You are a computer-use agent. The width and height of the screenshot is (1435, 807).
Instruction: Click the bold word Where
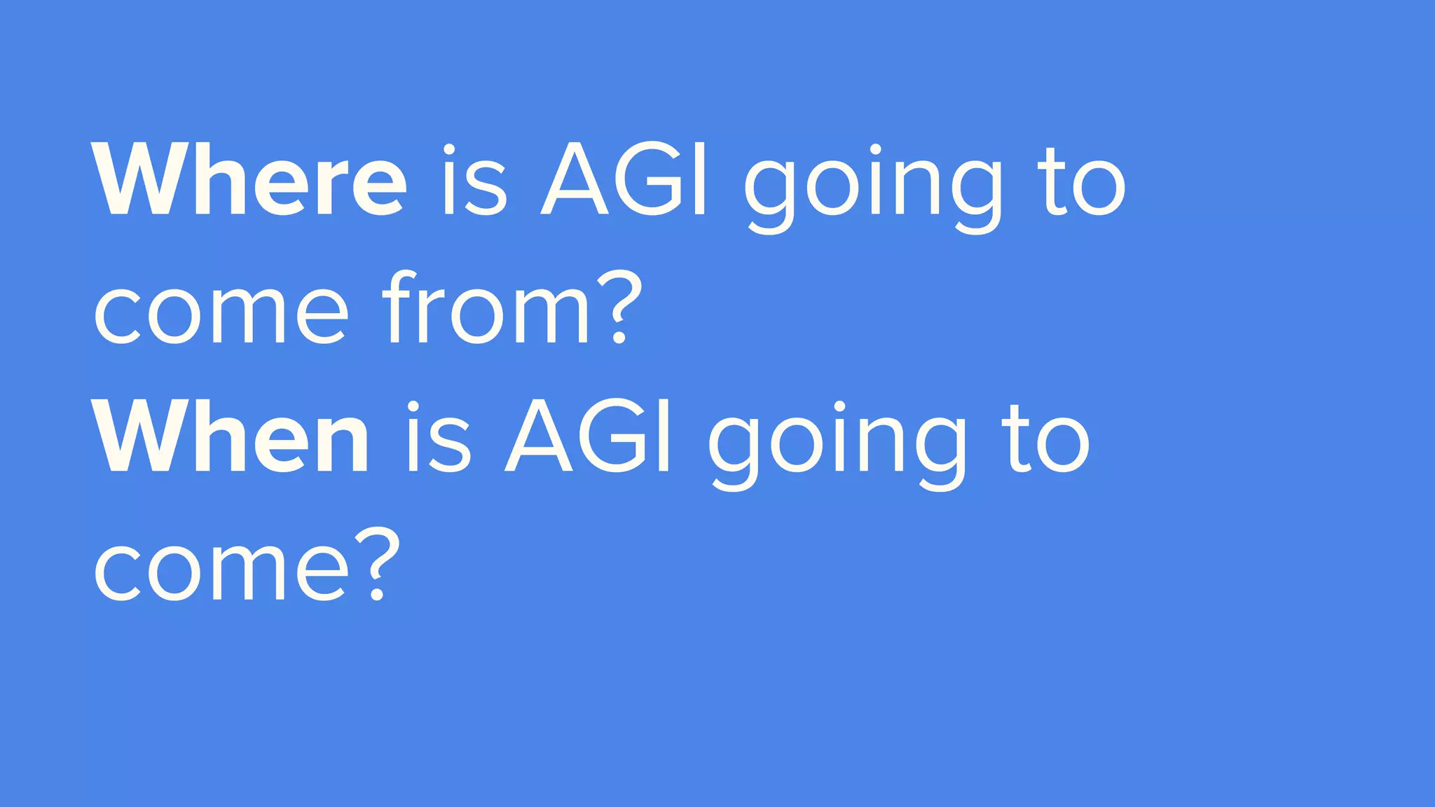[249, 180]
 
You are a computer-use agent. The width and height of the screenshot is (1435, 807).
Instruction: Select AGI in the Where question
[624, 180]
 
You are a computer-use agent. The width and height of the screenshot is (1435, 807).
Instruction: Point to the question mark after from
[619, 308]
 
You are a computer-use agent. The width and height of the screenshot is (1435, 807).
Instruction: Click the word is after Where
[474, 180]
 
